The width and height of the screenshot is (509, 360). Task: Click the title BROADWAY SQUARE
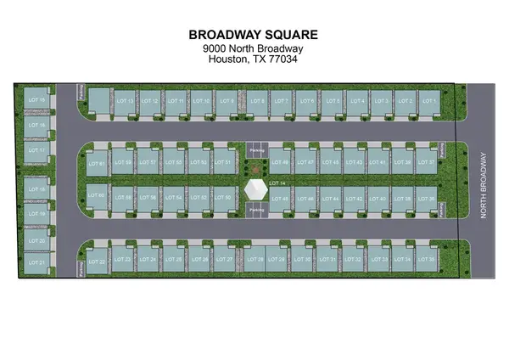coord(255,35)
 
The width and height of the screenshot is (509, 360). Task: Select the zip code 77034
coord(281,60)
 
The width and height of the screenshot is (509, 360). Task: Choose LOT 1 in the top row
coord(428,101)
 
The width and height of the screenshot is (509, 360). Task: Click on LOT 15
coord(36,101)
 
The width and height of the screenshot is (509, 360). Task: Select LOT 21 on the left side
coord(36,262)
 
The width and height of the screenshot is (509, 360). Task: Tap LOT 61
coord(96,163)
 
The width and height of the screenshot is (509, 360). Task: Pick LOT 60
coord(96,197)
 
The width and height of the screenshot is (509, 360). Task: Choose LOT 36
coord(428,199)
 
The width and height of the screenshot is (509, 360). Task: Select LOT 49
coord(281,161)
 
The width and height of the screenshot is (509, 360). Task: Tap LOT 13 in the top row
coord(125,101)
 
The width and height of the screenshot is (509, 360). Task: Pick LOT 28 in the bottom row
coord(255,259)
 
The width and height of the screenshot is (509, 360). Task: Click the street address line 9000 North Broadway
coord(255,48)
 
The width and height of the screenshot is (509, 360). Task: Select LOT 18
coord(36,189)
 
